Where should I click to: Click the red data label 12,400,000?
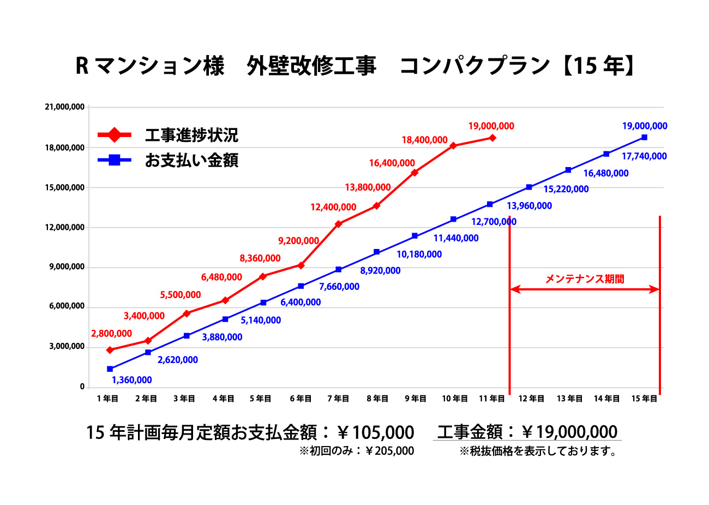pyautogui.click(x=333, y=207)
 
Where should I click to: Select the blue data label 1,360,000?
pyautogui.click(x=132, y=381)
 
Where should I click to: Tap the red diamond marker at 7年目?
pyautogui.click(x=339, y=224)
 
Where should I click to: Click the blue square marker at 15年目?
pyautogui.click(x=644, y=138)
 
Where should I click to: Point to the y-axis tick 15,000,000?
pyautogui.click(x=64, y=188)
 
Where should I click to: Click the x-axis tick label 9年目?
pyautogui.click(x=416, y=399)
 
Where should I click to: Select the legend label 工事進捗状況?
pyautogui.click(x=191, y=135)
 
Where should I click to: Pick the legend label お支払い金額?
pyautogui.click(x=191, y=161)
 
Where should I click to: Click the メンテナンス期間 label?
pyautogui.click(x=585, y=279)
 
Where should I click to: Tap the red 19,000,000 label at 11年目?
pyautogui.click(x=491, y=126)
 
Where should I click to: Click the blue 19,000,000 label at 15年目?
pyautogui.click(x=645, y=126)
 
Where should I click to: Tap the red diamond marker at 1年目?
pyautogui.click(x=110, y=350)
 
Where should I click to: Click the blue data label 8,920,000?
pyautogui.click(x=380, y=271)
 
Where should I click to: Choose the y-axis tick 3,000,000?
pyautogui.click(x=67, y=347)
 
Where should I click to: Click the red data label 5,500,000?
pyautogui.click(x=181, y=295)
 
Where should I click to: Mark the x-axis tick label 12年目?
pyautogui.click(x=531, y=399)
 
